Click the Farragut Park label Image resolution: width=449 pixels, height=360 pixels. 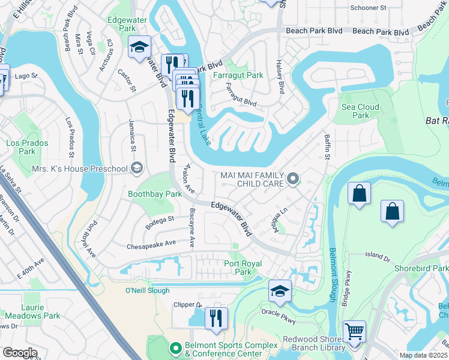click(x=238, y=76)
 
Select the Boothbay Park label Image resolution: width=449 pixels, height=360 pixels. click(x=155, y=194)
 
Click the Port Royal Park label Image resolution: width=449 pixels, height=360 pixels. click(x=246, y=268)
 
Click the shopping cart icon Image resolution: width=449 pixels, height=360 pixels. click(x=354, y=331)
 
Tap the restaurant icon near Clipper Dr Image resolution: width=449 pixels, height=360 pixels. click(x=216, y=317)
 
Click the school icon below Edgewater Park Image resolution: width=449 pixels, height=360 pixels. click(x=140, y=47)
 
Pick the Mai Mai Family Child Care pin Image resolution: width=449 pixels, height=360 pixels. click(x=293, y=178)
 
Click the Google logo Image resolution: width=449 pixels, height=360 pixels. click(x=20, y=353)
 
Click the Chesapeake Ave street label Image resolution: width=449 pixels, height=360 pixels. click(x=151, y=245)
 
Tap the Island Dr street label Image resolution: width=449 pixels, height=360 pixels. click(x=378, y=256)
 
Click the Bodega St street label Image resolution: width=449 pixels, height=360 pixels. click(x=159, y=221)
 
